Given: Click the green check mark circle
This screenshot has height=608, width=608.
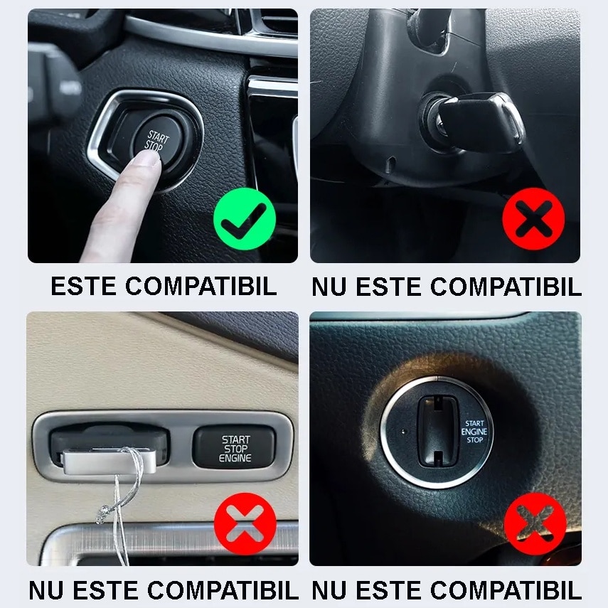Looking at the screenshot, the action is coord(245,219).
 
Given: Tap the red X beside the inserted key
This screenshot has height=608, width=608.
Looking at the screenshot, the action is coord(533,219).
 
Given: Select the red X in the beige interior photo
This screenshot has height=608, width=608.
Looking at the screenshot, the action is coord(245,524).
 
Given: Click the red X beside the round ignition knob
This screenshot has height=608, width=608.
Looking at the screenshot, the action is coord(535,524).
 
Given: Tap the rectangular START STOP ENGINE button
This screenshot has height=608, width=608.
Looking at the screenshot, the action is coord(234,447).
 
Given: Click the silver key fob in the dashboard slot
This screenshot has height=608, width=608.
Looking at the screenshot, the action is coord(110,462).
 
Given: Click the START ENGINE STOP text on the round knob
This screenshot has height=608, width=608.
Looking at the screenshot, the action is coord(474,432).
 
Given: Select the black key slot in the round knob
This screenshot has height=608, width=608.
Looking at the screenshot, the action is coord(438,431).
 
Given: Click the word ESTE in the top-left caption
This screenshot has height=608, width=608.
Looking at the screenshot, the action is coord(83,287).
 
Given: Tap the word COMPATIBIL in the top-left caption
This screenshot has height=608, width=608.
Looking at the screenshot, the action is coord(201,287).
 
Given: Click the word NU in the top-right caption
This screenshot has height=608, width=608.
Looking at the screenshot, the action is coord(329,287).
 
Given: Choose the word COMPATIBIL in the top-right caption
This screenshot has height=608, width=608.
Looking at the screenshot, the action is coord(506,287).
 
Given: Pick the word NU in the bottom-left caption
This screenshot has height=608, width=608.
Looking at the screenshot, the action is coord(46,590).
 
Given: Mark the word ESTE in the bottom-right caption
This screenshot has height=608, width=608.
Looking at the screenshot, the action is coord(388,590).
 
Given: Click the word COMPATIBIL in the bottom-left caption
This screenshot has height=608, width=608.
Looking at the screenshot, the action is coord(223,590).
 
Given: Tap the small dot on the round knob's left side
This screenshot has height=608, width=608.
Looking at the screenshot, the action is coord(403,432).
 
